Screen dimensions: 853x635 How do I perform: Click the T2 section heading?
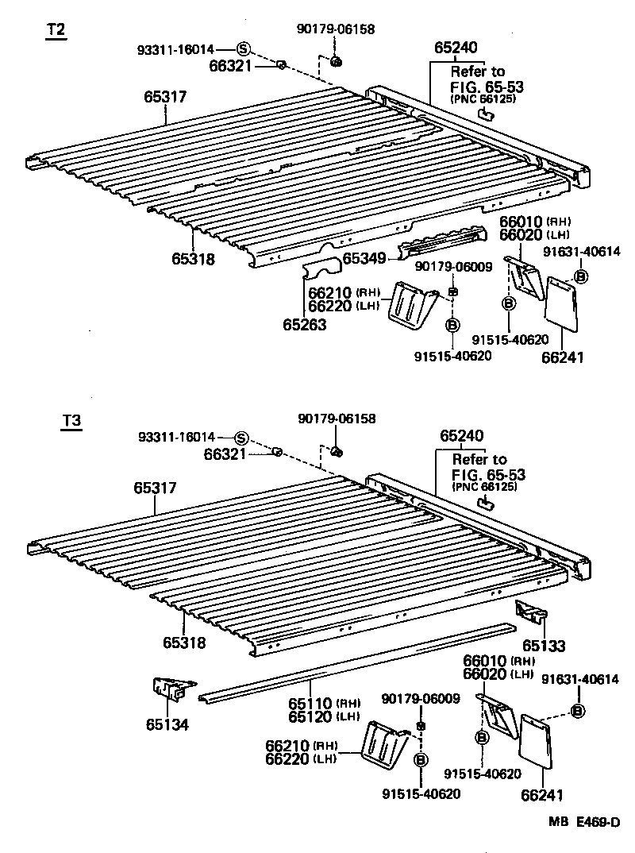(x=56, y=30)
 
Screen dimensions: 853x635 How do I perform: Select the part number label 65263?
(x=304, y=324)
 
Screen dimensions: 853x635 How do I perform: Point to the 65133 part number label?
(x=544, y=647)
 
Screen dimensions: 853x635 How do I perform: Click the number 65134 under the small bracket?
(x=167, y=724)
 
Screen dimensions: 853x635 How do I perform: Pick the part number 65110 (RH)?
(x=312, y=704)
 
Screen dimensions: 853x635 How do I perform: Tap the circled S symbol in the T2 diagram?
(x=243, y=49)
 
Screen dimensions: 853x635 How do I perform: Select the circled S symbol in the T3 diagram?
(x=241, y=438)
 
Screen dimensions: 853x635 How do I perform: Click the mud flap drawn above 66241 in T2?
(x=565, y=305)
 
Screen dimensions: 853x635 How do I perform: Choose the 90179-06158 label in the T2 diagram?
(x=336, y=29)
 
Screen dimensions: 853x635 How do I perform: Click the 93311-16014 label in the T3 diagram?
(x=176, y=438)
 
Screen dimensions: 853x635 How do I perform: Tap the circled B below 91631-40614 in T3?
(x=579, y=710)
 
